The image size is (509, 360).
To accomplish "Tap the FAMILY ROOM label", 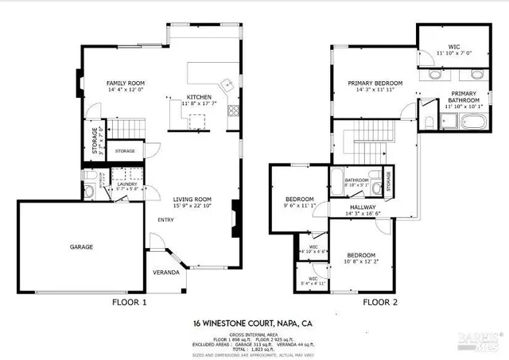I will (x=125, y=83).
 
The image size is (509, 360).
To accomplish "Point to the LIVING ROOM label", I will (x=192, y=199).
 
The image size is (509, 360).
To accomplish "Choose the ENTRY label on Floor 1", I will (x=165, y=221).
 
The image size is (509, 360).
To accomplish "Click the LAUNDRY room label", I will (x=127, y=184).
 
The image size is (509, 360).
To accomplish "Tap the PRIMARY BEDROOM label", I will (x=375, y=83).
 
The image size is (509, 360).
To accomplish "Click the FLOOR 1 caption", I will (x=130, y=303).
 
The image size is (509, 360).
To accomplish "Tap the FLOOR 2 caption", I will (x=380, y=303).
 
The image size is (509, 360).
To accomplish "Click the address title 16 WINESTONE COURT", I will (x=254, y=323).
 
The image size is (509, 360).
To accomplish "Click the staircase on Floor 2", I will (x=367, y=143).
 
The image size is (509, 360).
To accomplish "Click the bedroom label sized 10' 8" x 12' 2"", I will (x=360, y=255).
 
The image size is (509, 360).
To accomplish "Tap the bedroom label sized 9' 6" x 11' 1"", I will (x=300, y=199).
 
